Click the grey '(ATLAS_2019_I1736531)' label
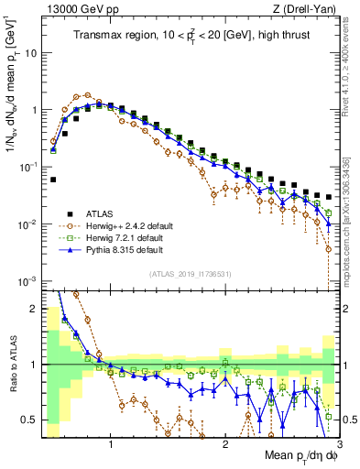pyautogui.click(x=191, y=274)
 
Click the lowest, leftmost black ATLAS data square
pyautogui.click(x=53, y=180)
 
